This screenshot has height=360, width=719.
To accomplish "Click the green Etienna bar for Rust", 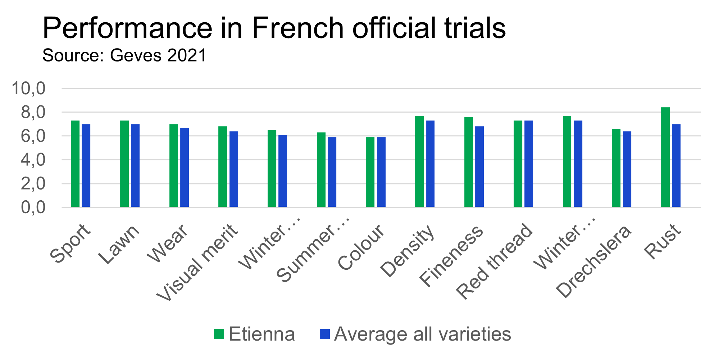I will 665,157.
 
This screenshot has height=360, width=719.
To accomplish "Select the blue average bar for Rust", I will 676,165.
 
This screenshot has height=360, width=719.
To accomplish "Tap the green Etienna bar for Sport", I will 75,164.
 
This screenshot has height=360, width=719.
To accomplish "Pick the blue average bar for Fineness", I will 479,167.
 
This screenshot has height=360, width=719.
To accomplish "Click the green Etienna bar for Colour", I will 370,172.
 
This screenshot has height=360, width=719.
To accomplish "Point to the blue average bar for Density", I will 430,164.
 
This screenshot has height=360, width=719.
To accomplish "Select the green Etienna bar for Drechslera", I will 616,168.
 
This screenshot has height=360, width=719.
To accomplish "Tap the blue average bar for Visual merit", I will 234,169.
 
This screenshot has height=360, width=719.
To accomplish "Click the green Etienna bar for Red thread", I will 518,164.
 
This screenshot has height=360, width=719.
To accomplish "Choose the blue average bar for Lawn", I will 135,165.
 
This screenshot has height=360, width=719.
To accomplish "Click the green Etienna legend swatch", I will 219,334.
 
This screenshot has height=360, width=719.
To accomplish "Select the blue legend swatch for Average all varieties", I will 324,334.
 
